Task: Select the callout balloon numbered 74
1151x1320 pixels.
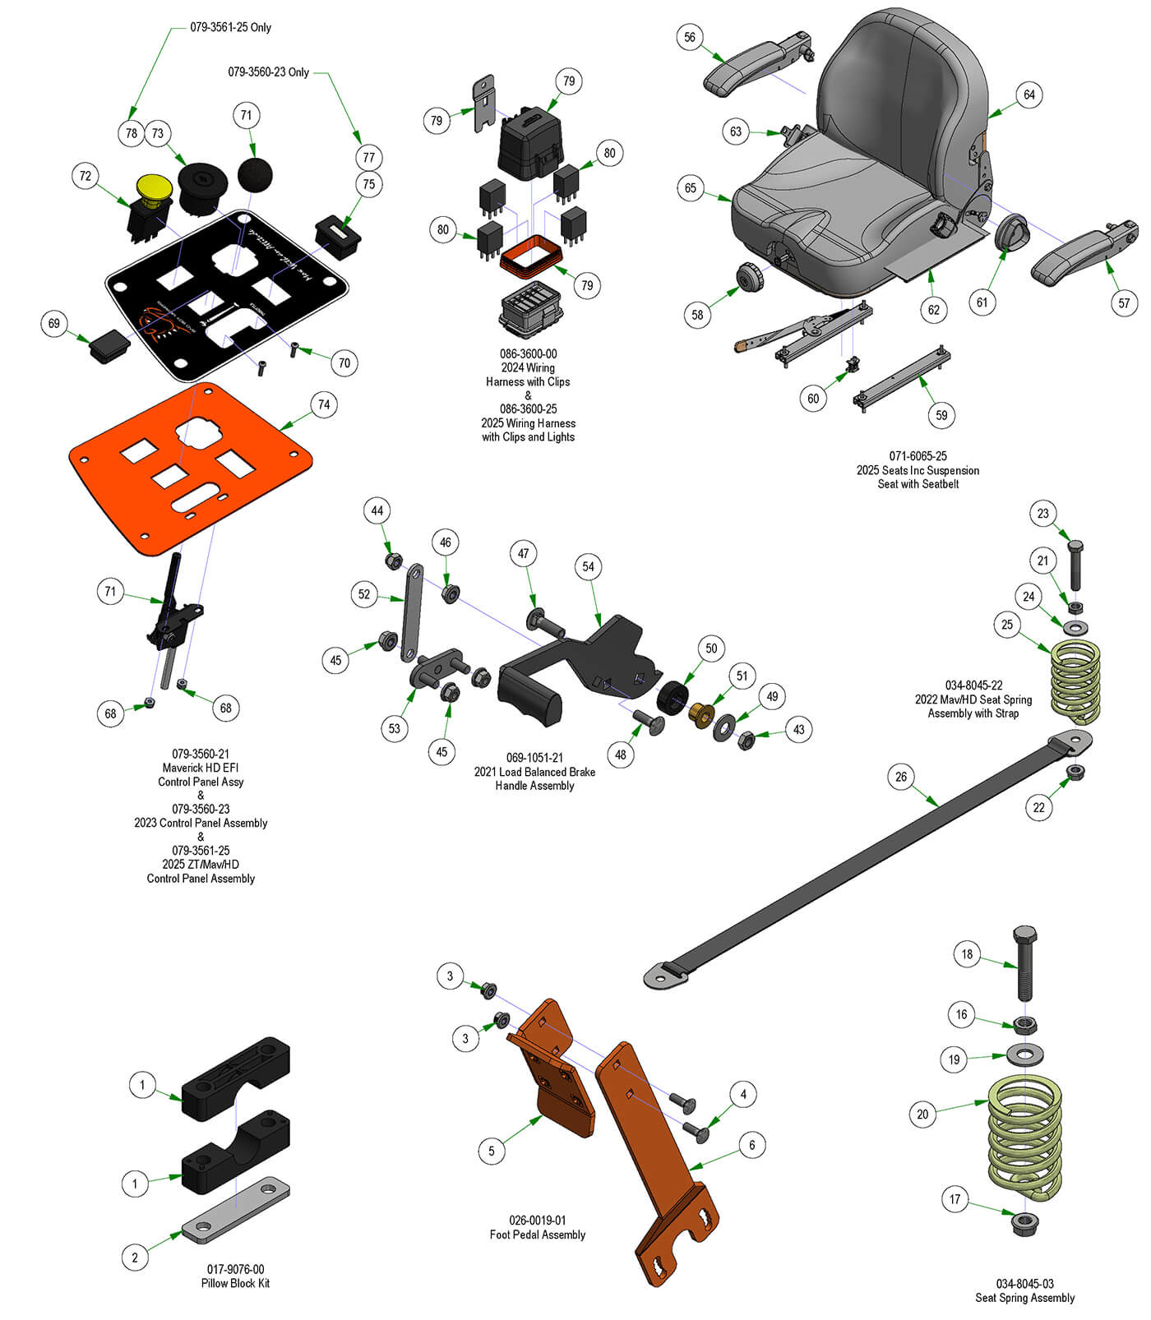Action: pos(324,404)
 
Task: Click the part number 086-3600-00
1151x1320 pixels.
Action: pos(528,354)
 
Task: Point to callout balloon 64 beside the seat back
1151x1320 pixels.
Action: pos(1029,95)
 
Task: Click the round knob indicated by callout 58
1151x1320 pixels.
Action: pos(751,278)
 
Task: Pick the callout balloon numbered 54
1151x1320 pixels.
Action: pos(588,566)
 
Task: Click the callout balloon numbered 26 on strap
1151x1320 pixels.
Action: pos(901,777)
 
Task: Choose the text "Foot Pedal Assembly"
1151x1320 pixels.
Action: pos(537,1235)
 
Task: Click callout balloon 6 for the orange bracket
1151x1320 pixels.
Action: pos(751,1145)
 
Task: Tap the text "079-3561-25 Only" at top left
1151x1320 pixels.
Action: pos(230,27)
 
